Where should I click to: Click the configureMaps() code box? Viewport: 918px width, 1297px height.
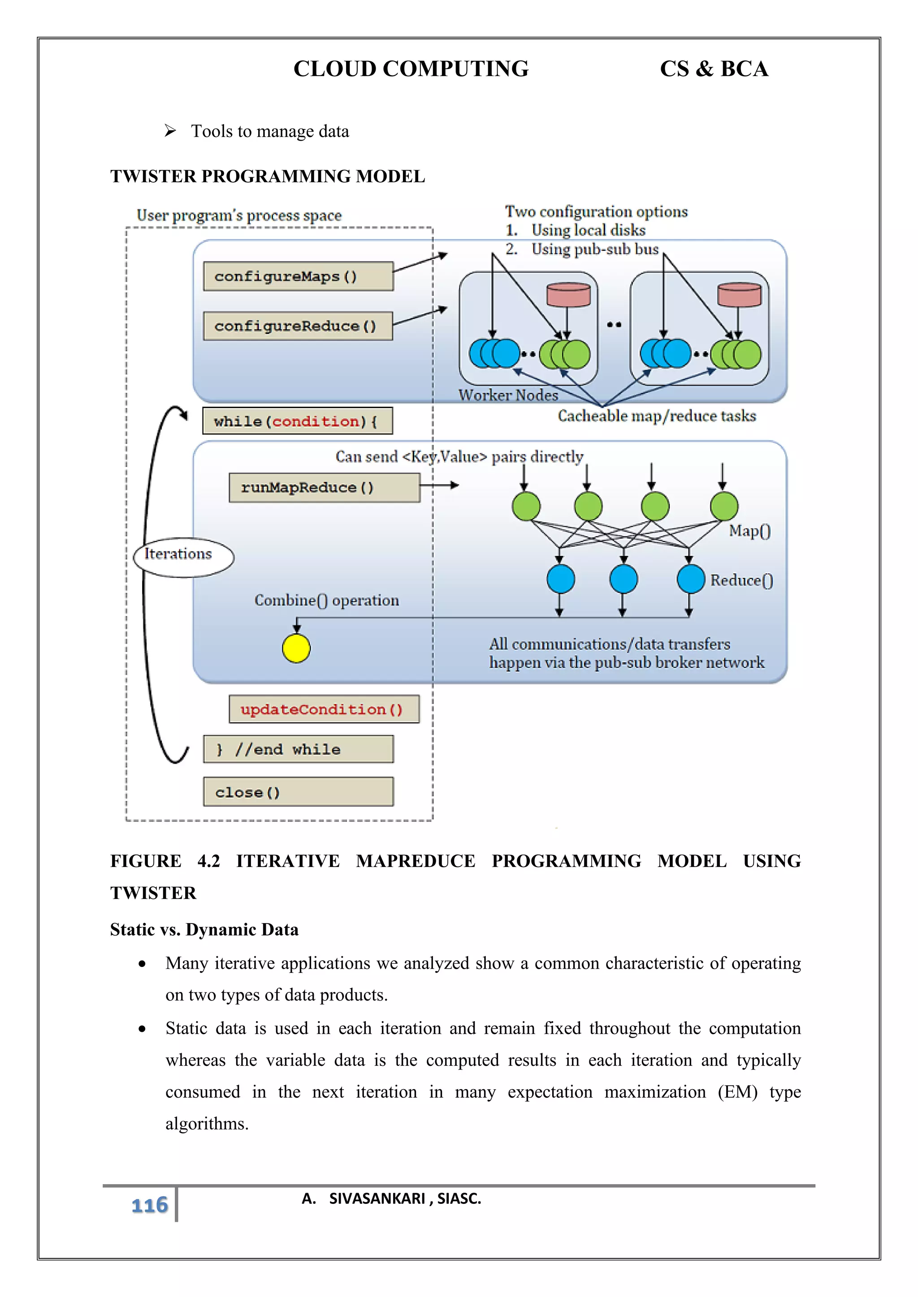298,276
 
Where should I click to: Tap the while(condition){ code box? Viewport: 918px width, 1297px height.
297,421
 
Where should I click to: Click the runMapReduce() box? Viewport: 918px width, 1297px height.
324,488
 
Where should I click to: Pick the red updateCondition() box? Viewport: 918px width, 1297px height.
324,709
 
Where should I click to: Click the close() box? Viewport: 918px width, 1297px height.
298,792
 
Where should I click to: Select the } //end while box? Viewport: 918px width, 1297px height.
298,749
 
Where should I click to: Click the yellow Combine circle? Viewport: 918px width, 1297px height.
296,648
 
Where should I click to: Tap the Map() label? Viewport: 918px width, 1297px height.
749,531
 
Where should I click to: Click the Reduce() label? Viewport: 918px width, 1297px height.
741,580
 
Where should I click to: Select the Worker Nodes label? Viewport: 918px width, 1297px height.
507,395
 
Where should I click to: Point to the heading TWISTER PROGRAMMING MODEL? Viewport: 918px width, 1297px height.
267,176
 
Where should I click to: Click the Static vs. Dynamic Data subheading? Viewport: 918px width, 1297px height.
204,929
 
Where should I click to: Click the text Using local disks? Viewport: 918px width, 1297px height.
588,230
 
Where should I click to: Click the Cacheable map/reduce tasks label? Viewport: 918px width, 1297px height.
656,416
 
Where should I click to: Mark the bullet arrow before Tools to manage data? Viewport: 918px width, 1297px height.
170,131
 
